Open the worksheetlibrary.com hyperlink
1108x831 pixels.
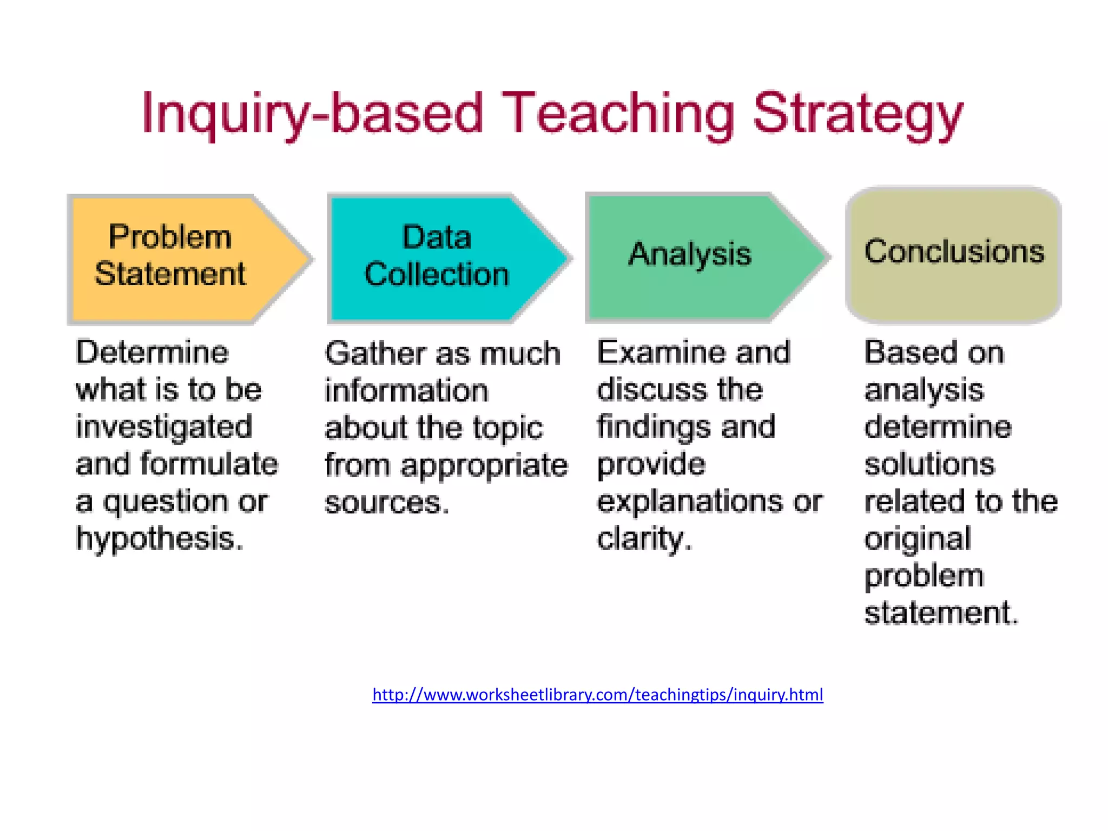point(597,695)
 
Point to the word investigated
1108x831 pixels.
point(164,427)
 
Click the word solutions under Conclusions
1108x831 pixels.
point(929,465)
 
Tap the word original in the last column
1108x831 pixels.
point(918,539)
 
